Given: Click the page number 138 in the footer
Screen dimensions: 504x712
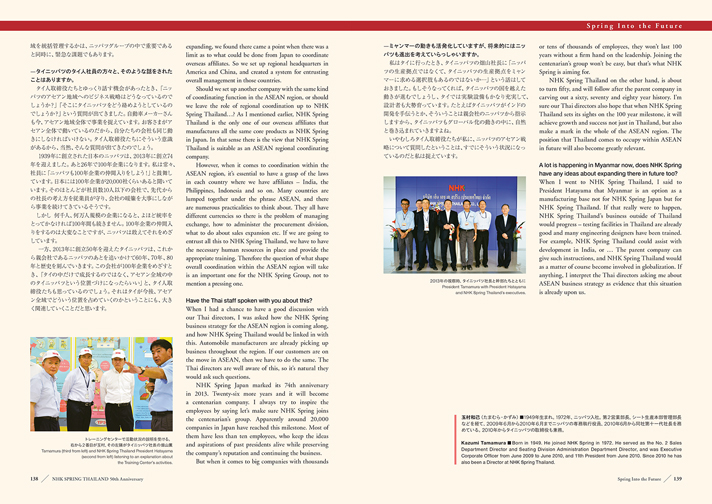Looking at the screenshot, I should click(x=34, y=479).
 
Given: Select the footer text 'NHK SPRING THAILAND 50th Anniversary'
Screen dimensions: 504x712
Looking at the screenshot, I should click(x=91, y=479).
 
